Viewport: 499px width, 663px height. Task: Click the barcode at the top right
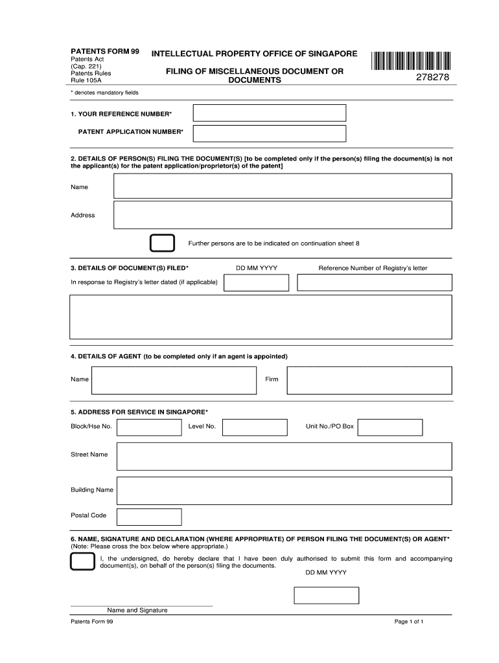[412, 60]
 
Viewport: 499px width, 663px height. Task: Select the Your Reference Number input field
[270, 113]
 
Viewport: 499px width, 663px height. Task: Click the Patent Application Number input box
[270, 133]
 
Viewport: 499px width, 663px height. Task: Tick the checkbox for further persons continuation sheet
[162, 243]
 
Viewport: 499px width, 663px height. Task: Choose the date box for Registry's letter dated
[256, 282]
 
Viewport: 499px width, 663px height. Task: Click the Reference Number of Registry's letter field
[374, 282]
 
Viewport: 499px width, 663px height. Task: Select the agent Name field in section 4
[174, 380]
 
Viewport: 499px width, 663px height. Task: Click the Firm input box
[369, 380]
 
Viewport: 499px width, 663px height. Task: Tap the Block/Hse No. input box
[149, 427]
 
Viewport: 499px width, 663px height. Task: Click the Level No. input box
[254, 427]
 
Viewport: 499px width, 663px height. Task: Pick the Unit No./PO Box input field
[389, 427]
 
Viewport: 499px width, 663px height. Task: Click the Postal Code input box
[149, 516]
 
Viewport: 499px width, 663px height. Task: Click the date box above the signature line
[326, 595]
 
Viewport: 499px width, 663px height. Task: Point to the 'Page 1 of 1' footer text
[408, 622]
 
